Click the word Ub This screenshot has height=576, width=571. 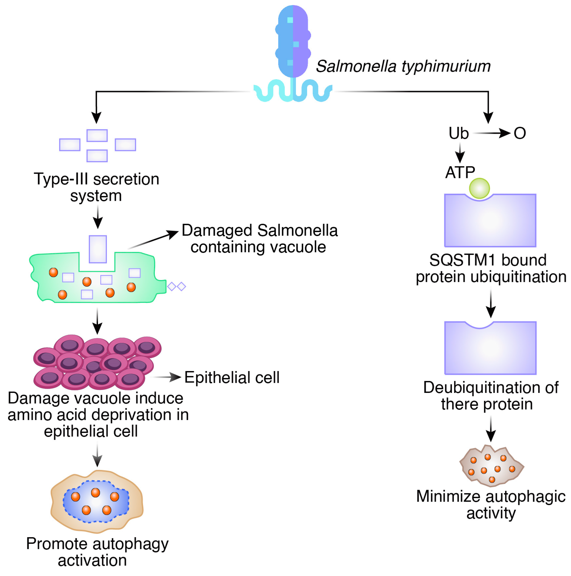(458, 133)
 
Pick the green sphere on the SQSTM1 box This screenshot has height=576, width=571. (479, 188)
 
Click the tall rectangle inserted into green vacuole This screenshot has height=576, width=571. (98, 249)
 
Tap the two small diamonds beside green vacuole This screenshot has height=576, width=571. (176, 287)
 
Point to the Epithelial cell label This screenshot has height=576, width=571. (232, 377)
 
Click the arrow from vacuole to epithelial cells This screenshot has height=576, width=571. (97, 321)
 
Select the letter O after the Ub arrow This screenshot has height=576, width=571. (519, 133)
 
